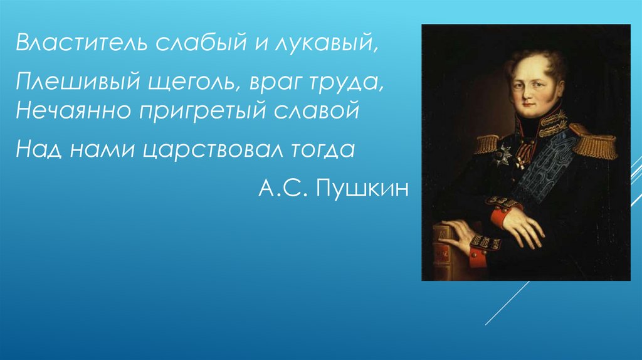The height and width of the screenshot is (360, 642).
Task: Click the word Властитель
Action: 82,42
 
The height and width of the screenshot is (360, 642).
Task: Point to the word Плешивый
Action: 77,82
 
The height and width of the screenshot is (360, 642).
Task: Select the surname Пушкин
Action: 362,188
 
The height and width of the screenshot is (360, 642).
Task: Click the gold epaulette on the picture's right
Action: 593,141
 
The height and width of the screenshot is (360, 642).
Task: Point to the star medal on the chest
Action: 502,155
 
